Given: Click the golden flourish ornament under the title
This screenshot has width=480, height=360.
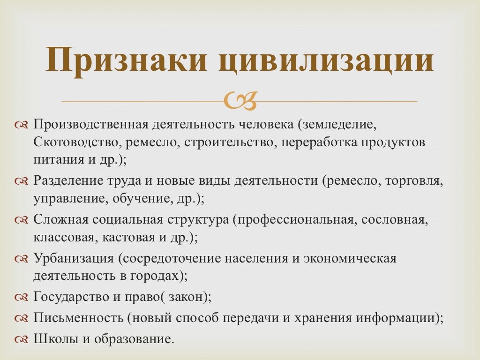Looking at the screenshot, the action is (240, 101).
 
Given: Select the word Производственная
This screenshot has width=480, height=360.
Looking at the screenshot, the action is (90, 125).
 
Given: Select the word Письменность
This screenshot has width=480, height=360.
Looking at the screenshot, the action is (78, 318).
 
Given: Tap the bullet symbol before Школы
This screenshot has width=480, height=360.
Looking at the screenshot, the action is (22, 339).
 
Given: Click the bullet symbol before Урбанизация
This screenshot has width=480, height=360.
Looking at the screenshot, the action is (22, 259).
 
